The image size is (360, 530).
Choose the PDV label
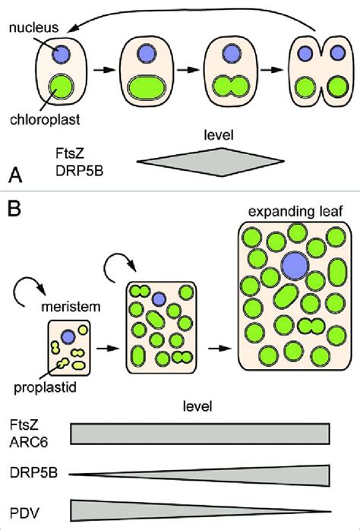tap(24, 510)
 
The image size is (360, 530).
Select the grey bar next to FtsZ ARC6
tap(201, 433)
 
